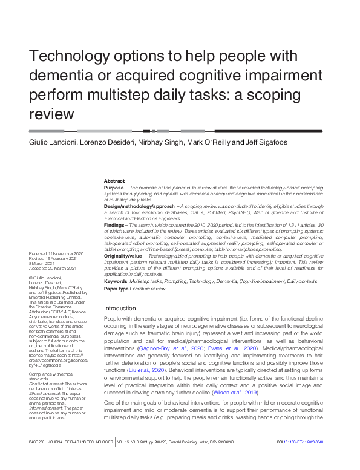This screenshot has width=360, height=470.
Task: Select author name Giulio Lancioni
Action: tap(53, 143)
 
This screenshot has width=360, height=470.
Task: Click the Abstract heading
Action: tap(114, 181)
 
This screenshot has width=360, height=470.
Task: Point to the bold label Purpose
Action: tap(114, 189)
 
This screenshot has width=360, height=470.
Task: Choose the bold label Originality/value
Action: tap(124, 256)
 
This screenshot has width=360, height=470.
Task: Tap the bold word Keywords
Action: tap(116, 282)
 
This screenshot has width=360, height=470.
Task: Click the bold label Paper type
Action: tap(116, 289)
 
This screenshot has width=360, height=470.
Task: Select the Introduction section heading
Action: tap(120, 308)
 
